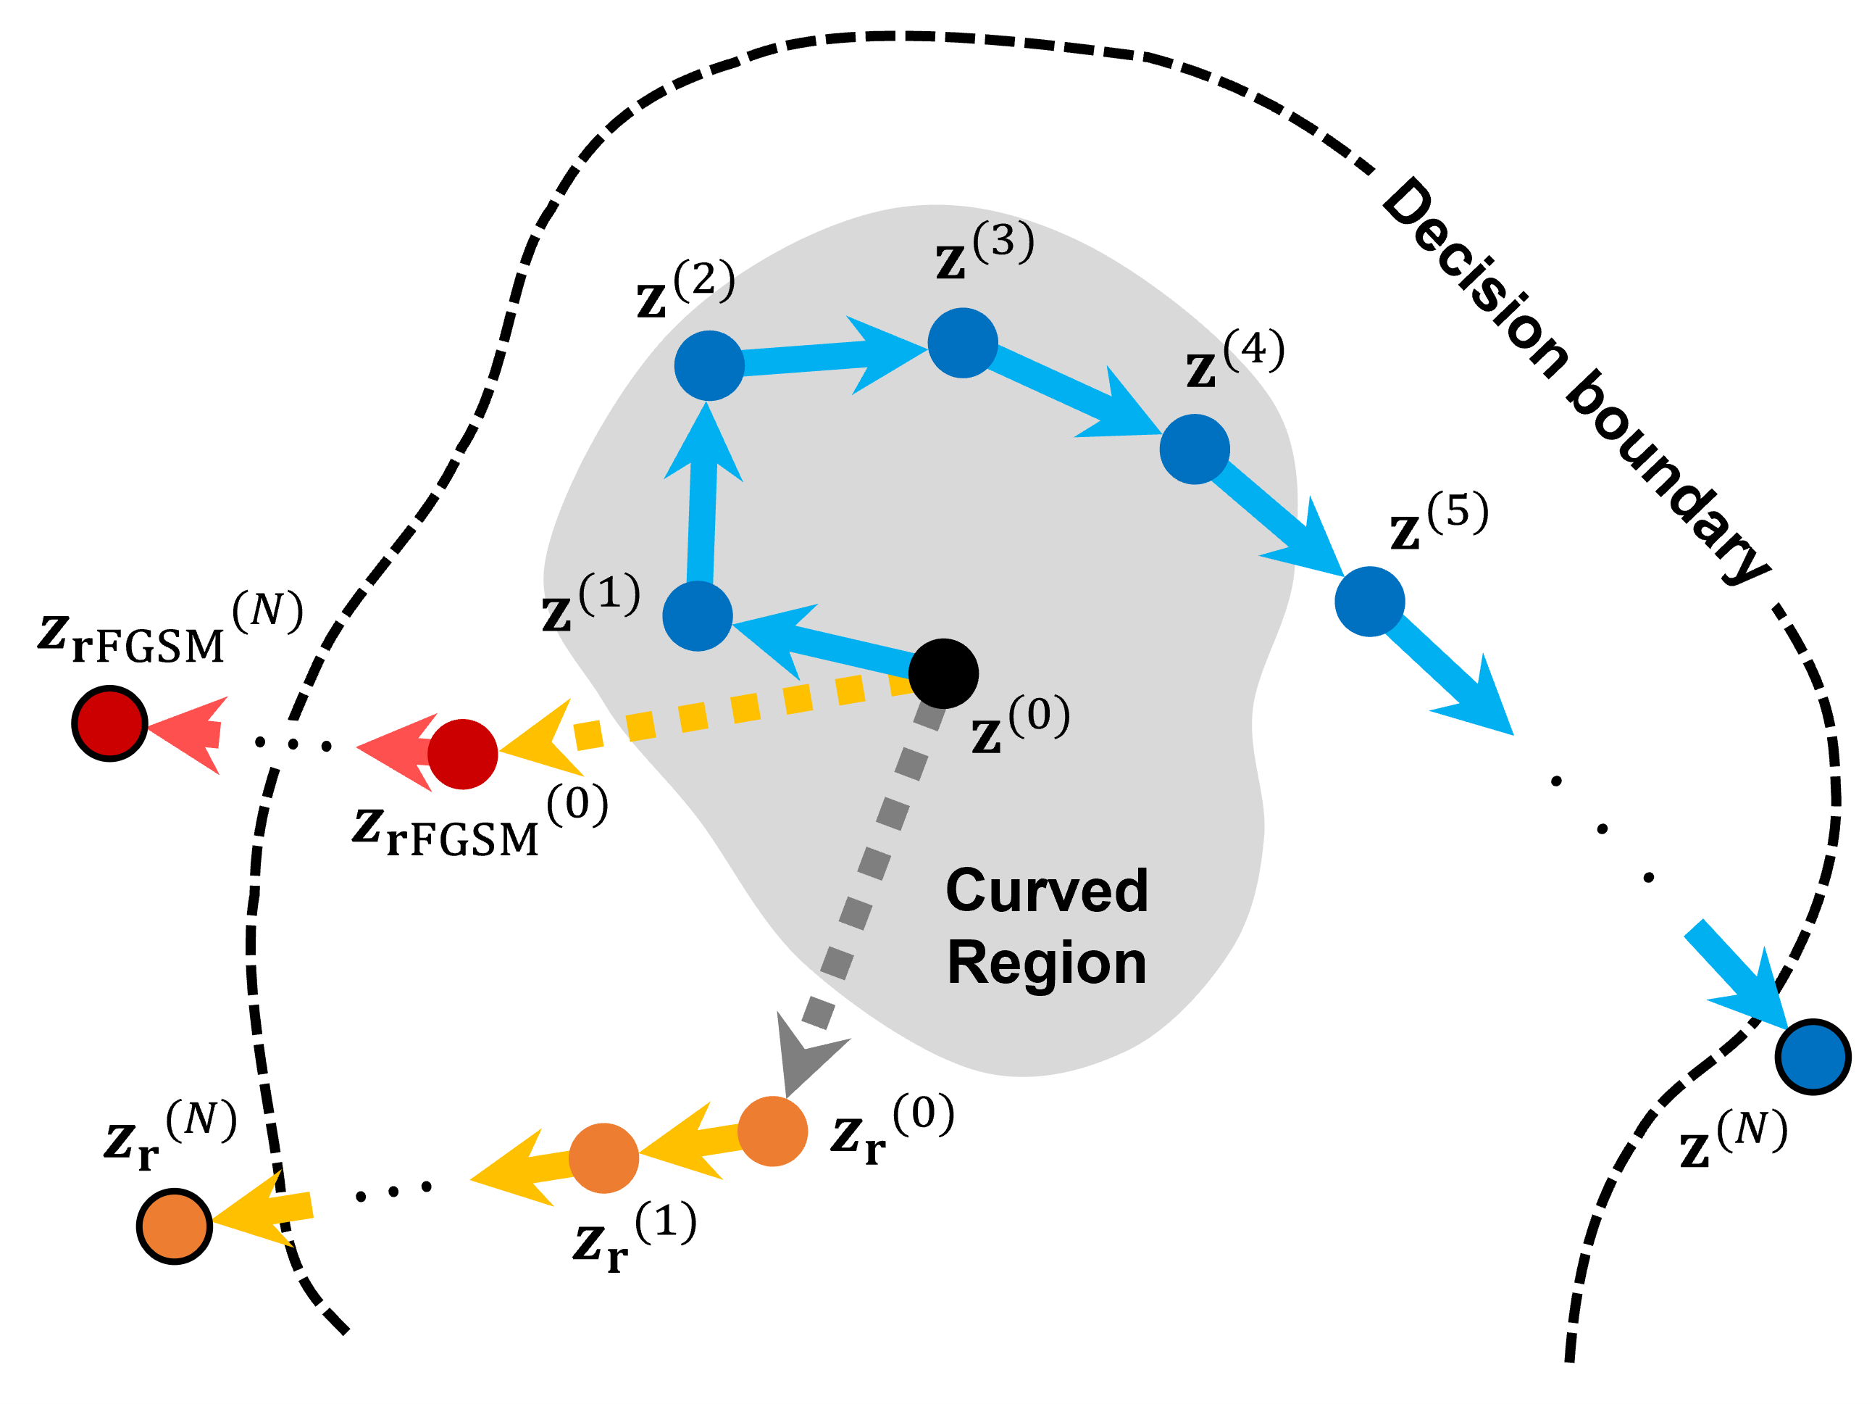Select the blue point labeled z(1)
pyautogui.click(x=698, y=615)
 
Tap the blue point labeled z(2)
pyautogui.click(x=709, y=365)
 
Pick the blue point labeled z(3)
pyautogui.click(x=962, y=343)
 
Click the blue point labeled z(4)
pyautogui.click(x=1194, y=449)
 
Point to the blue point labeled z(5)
pyautogui.click(x=1369, y=601)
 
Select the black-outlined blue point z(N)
pyautogui.click(x=1813, y=1057)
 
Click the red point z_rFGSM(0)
pyautogui.click(x=462, y=754)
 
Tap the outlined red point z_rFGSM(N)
pyautogui.click(x=110, y=723)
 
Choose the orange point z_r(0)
pyautogui.click(x=772, y=1131)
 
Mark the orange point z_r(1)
pyautogui.click(x=603, y=1158)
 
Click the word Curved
pyautogui.click(x=1046, y=891)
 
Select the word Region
pyautogui.click(x=1046, y=963)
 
